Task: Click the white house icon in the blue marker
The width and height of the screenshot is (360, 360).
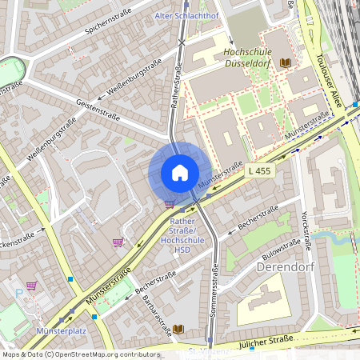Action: point(179,173)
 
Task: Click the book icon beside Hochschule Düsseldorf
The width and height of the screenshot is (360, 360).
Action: point(286,62)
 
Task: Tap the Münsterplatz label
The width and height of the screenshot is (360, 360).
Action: point(61,330)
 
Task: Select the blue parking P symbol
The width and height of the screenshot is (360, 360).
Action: point(19,293)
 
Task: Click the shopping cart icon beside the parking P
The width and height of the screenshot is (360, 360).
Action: point(31,286)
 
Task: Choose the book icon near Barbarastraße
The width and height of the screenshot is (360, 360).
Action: point(178,329)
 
